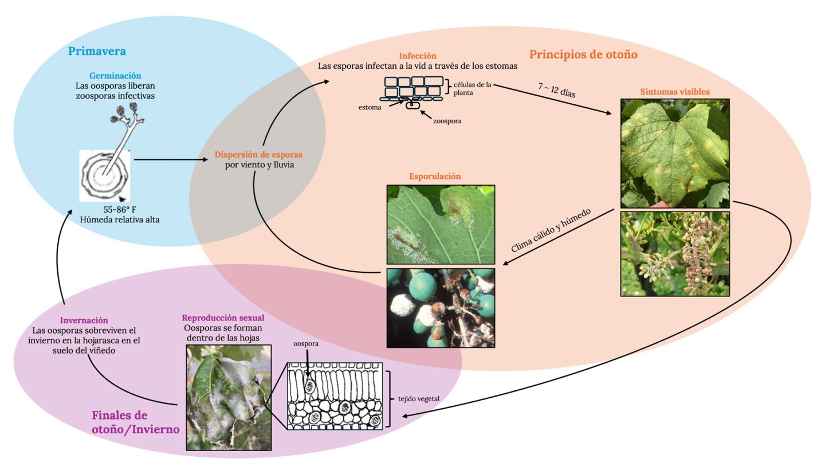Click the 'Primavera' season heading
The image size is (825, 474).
click(97, 51)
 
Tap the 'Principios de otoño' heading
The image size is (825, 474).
click(583, 54)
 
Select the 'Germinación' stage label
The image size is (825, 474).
click(115, 76)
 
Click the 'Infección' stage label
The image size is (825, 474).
click(418, 56)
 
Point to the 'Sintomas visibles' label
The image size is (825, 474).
click(675, 92)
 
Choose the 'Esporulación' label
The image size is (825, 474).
click(435, 176)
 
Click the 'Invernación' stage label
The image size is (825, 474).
click(84, 320)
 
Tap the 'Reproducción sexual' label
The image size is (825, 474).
click(223, 318)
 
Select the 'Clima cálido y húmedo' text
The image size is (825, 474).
click(551, 230)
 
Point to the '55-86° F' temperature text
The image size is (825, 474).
click(120, 210)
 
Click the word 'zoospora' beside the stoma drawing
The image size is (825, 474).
click(447, 121)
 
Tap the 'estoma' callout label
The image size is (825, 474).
click(370, 107)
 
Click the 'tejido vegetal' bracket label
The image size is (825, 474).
click(419, 399)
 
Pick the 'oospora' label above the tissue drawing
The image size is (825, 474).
click(306, 344)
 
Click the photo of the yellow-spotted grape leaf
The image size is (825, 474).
click(675, 154)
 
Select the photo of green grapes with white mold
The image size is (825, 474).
click(441, 308)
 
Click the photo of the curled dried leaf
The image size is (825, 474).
click(229, 397)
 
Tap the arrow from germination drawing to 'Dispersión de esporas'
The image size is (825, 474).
click(171, 159)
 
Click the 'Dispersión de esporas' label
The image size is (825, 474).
click(258, 155)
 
